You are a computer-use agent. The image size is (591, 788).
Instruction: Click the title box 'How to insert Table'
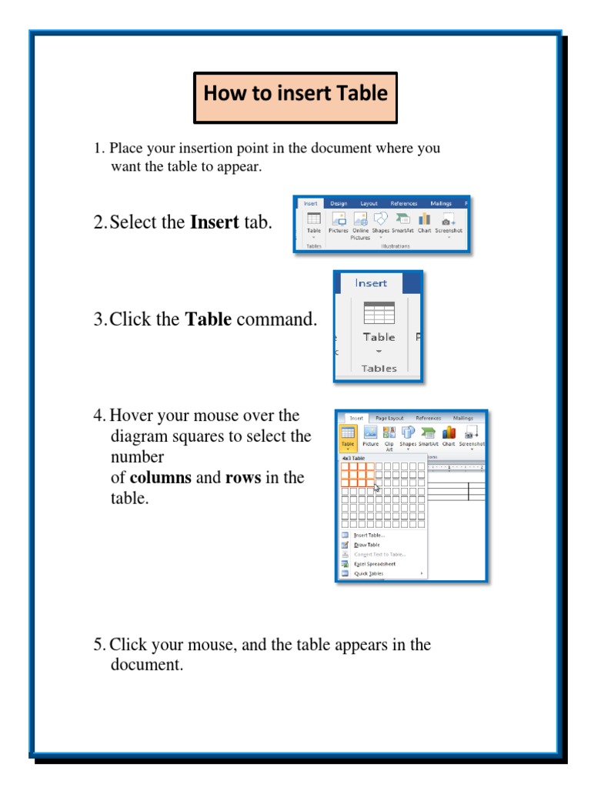pyautogui.click(x=295, y=98)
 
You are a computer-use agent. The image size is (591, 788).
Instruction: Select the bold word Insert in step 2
pyautogui.click(x=214, y=223)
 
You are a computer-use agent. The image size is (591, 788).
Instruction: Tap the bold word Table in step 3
pyautogui.click(x=209, y=319)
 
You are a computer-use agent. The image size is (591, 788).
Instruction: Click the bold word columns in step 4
pyautogui.click(x=161, y=478)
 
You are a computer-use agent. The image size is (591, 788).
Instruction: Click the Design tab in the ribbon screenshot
pyautogui.click(x=339, y=204)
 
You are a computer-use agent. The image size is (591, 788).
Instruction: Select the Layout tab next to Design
pyautogui.click(x=369, y=204)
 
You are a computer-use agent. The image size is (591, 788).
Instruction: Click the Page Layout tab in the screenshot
pyautogui.click(x=389, y=419)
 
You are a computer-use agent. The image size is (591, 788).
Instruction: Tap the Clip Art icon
pyautogui.click(x=389, y=436)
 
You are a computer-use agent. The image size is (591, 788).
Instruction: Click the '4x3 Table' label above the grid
pyautogui.click(x=353, y=458)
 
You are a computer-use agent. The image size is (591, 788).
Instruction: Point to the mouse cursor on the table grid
pyautogui.click(x=376, y=487)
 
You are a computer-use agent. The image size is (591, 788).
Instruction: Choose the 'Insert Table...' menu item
pyautogui.click(x=369, y=536)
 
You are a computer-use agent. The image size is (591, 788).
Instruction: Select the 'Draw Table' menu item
pyautogui.click(x=366, y=545)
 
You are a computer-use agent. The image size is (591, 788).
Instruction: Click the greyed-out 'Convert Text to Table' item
pyautogui.click(x=379, y=554)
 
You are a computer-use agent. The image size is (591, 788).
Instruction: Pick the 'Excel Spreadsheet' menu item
pyautogui.click(x=375, y=564)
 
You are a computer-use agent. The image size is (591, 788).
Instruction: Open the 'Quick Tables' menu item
pyautogui.click(x=369, y=573)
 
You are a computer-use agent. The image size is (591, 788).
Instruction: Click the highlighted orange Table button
pyautogui.click(x=348, y=436)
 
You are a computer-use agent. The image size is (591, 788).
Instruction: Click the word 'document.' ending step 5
pyautogui.click(x=147, y=665)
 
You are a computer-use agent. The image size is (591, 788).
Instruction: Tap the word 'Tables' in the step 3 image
pyautogui.click(x=379, y=369)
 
